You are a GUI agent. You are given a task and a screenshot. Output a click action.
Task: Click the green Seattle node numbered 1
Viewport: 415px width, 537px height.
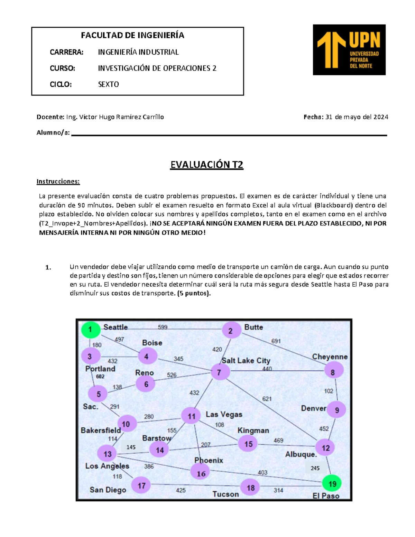click(x=91, y=330)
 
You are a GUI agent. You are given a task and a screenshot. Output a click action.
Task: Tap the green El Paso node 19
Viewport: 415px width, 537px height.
click(x=332, y=484)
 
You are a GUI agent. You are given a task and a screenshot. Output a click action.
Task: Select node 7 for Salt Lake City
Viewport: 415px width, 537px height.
click(x=219, y=373)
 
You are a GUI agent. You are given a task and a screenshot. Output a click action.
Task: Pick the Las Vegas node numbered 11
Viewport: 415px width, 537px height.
click(x=192, y=416)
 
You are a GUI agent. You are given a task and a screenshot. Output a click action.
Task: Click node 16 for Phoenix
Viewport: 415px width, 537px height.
click(x=201, y=473)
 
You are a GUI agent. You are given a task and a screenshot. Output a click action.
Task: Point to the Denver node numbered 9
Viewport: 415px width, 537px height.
click(x=336, y=410)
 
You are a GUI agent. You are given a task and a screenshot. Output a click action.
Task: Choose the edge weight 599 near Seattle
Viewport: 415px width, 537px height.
click(x=163, y=327)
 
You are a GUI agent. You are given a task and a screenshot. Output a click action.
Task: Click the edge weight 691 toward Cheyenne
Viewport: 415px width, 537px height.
click(x=276, y=341)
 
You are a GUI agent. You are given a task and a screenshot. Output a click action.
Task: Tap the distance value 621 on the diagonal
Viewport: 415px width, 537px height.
click(x=267, y=399)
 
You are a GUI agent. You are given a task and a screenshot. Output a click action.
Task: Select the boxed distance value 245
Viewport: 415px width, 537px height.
click(x=315, y=468)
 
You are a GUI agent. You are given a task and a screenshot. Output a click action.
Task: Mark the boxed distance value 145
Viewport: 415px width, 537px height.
click(x=131, y=447)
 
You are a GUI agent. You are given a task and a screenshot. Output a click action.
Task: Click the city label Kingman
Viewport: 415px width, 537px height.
click(x=253, y=430)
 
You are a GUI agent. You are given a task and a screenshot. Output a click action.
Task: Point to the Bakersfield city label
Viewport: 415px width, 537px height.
click(x=101, y=430)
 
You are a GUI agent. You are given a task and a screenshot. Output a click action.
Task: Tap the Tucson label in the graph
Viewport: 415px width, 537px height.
click(x=225, y=494)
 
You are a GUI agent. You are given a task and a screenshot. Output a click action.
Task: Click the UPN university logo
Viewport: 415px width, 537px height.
click(x=349, y=50)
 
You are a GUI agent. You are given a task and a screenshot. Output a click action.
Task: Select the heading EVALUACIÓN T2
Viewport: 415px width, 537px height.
click(x=206, y=165)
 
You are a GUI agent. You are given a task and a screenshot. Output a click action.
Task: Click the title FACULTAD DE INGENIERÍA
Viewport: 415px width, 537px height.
click(x=132, y=35)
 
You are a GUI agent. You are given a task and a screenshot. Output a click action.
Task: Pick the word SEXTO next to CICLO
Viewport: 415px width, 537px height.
click(x=108, y=84)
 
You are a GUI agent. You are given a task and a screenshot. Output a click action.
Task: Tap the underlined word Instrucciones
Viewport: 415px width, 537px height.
click(x=58, y=182)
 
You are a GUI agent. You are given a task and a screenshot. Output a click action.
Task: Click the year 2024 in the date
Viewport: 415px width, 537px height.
click(x=381, y=117)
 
